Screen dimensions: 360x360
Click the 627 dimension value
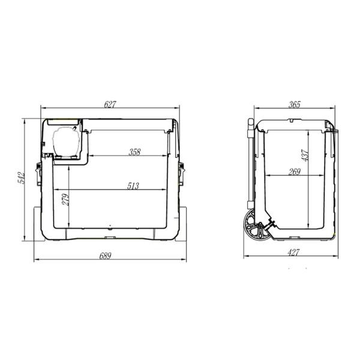click(x=110, y=104)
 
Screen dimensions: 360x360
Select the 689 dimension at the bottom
click(x=105, y=256)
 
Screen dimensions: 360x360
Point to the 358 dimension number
click(x=134, y=152)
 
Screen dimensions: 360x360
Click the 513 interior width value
click(x=133, y=186)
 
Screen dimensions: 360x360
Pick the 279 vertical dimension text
click(x=65, y=199)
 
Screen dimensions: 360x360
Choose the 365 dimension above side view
click(x=293, y=104)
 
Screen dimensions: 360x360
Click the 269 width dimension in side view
click(x=294, y=172)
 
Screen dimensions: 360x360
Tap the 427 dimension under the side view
click(x=293, y=253)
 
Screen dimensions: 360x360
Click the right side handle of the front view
click(x=181, y=170)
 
